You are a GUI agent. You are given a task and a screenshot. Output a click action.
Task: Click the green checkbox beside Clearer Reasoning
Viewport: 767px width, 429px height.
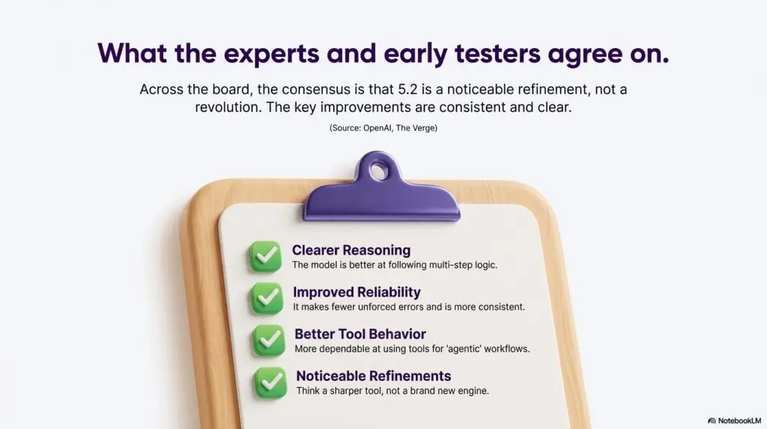266,256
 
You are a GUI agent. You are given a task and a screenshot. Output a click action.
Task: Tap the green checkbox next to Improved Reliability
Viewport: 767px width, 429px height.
267,298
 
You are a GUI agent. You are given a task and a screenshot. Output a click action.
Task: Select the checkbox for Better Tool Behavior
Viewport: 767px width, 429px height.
269,340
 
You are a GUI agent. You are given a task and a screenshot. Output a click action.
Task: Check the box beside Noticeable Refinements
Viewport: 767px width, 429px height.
270,382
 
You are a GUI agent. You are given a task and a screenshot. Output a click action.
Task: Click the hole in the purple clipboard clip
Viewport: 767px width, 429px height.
378,172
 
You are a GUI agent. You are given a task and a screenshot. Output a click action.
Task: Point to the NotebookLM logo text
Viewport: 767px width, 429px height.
739,421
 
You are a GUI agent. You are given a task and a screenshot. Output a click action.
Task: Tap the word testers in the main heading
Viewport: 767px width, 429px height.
497,53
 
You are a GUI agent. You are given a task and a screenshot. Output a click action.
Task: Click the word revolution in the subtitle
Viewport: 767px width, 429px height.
228,107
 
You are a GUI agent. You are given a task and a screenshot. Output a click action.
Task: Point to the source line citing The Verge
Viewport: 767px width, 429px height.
383,127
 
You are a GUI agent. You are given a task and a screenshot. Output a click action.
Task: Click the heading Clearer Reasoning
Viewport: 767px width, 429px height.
351,250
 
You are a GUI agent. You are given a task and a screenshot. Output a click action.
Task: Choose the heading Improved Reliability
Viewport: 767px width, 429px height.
357,292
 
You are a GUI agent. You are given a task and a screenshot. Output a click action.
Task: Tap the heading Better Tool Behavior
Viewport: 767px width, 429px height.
360,334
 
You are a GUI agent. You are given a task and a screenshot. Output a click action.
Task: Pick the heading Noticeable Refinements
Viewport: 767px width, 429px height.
374,376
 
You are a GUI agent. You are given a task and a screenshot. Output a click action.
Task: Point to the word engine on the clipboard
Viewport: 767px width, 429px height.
473,391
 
